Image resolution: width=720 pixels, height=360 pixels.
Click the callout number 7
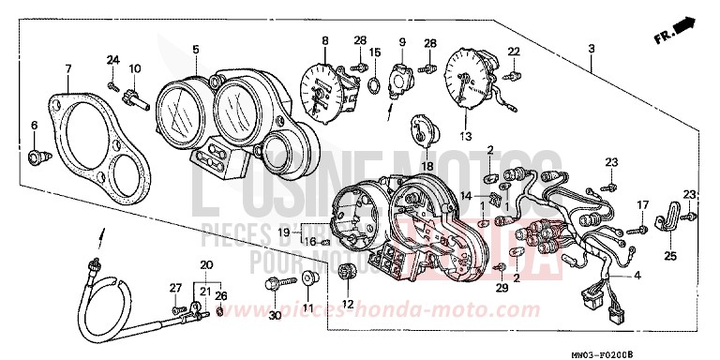tap(67, 69)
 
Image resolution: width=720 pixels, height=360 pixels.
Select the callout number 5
tap(195, 48)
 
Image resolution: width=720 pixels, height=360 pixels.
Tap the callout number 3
tap(592, 48)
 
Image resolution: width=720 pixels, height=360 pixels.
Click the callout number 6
tap(35, 125)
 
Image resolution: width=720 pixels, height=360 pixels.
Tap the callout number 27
tap(174, 287)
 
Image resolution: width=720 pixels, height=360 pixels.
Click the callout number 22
tap(514, 51)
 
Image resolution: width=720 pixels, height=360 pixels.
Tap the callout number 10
tap(134, 68)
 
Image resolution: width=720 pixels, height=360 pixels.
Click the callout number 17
tap(642, 204)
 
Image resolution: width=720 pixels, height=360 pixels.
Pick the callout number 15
tap(375, 52)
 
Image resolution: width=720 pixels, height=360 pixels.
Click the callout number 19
tap(284, 231)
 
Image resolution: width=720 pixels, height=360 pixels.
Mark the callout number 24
tap(113, 60)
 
